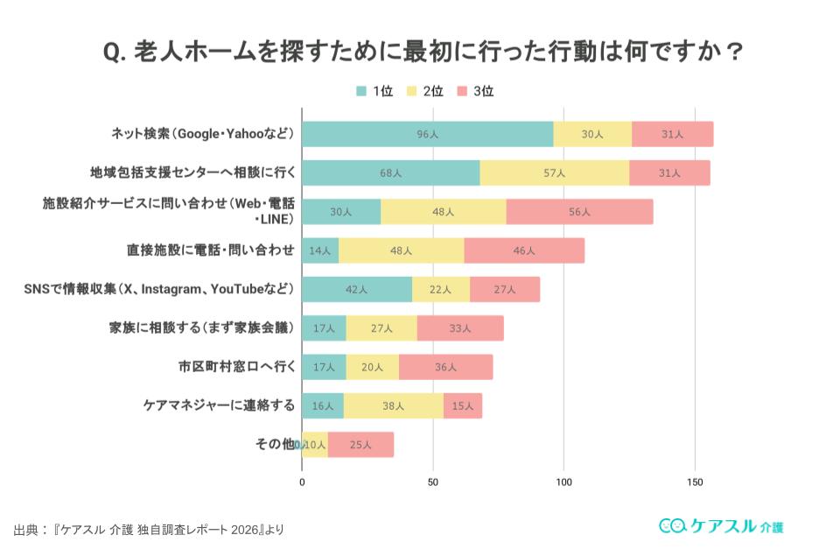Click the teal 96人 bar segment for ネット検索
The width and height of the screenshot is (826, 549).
[x=427, y=134]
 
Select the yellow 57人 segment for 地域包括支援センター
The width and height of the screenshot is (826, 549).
[x=554, y=172]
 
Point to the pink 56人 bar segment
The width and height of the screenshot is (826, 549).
[x=579, y=212]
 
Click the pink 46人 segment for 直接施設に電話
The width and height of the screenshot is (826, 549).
[x=524, y=250]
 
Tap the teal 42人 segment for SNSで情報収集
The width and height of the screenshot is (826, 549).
[x=356, y=289]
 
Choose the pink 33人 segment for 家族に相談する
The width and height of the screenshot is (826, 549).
[x=460, y=328]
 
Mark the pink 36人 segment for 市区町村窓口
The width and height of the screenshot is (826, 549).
[x=445, y=367]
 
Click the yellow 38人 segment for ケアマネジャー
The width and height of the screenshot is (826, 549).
[x=393, y=405]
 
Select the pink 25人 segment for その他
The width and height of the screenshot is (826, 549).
[x=360, y=445]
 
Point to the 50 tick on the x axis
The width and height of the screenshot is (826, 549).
[x=433, y=482]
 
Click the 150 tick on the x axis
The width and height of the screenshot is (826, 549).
[x=695, y=482]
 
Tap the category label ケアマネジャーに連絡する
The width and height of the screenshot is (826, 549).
[x=219, y=405]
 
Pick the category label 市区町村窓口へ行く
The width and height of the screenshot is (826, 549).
[x=236, y=367]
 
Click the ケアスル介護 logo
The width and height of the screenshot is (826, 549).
[x=721, y=525]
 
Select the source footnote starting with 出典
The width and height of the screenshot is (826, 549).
[x=149, y=530]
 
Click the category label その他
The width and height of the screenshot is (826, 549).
[x=274, y=445]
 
